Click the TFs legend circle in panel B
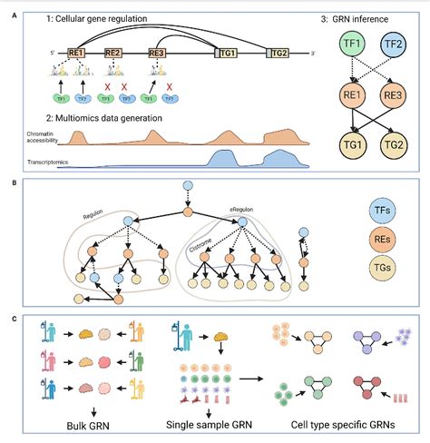pyautogui.click(x=382, y=208)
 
